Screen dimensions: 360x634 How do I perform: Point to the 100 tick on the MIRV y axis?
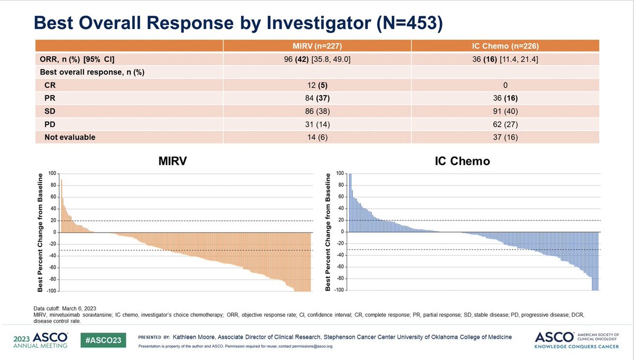[x=52, y=173]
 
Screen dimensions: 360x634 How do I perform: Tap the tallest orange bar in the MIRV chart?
[x=61, y=206]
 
